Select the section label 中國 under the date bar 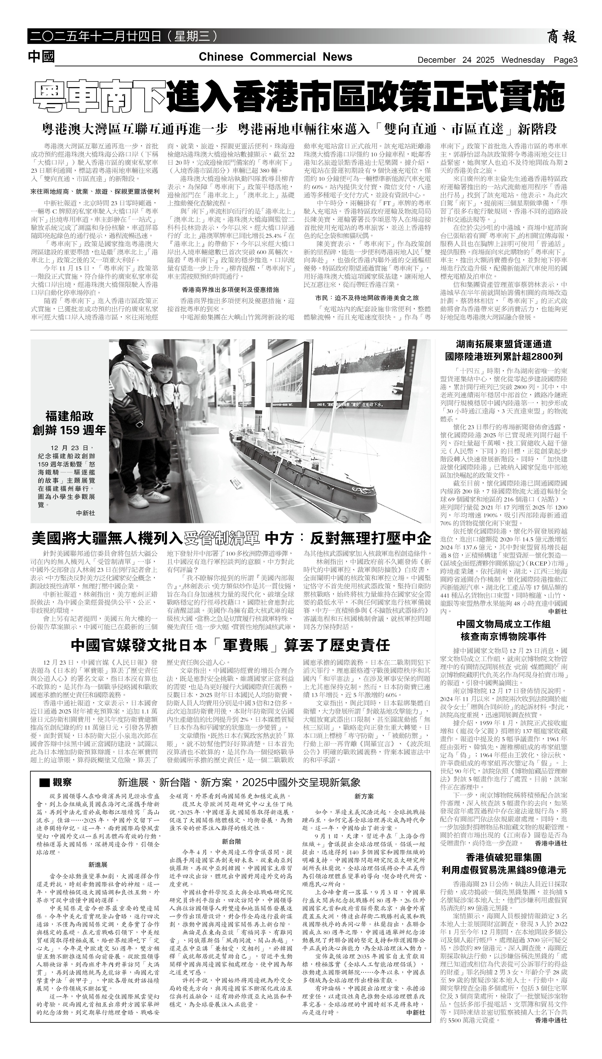click(x=41, y=57)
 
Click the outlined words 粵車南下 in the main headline click(x=99, y=96)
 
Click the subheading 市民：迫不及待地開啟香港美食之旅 click(x=367, y=297)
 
